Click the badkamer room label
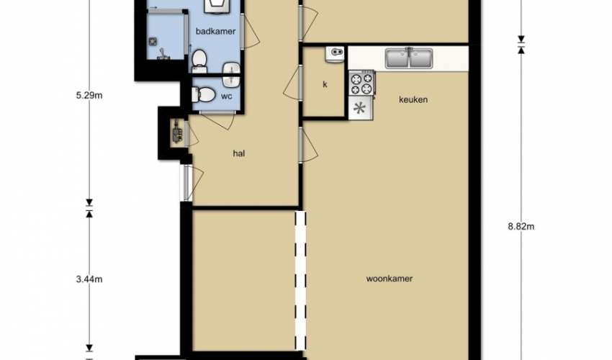215,31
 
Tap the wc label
226,96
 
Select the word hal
239,153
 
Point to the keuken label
413,99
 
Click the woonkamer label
389,279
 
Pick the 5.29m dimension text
89,95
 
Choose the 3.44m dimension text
89,279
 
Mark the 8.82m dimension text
521,227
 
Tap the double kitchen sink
409,58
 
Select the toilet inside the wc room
203,94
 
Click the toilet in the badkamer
199,61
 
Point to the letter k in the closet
325,84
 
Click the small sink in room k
335,54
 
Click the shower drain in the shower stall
153,40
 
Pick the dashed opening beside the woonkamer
300,280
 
